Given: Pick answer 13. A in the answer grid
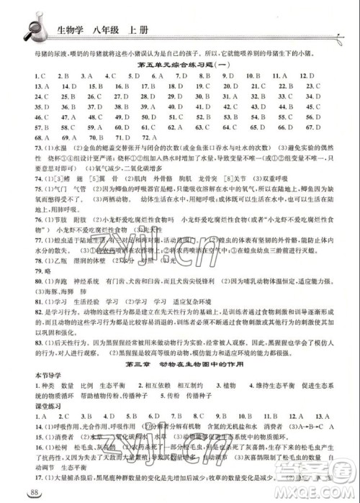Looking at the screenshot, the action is tap(21, 85).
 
